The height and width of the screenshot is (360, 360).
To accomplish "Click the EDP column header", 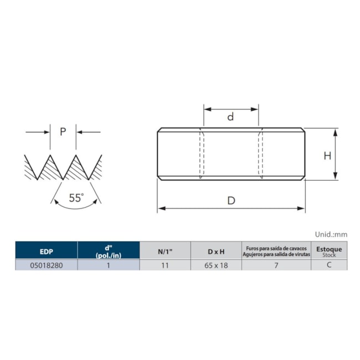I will coord(46,251).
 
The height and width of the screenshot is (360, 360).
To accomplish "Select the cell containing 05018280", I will coord(46,265).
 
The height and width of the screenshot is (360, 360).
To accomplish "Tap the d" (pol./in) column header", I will coord(109,251).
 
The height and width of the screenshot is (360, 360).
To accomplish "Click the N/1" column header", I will coord(164,251).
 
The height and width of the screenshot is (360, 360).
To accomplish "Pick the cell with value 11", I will coord(164,265).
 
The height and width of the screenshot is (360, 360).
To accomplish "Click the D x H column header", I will coord(216,251).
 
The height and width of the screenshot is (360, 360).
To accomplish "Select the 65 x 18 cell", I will coord(216,265).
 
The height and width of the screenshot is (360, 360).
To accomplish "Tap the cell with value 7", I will coord(275,265).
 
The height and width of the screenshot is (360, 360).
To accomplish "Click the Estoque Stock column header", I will coord(329,251).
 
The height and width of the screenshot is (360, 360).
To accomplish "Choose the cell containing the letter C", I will coord(329,265).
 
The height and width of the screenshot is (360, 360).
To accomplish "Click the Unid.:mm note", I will coord(332,234).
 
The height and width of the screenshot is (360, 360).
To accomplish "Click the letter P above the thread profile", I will coord(63,132).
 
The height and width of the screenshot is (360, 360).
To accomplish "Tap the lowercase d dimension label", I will coord(231,117).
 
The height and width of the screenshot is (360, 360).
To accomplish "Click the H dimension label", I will coord(327,156).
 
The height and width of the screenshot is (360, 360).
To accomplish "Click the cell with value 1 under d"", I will coord(109,265).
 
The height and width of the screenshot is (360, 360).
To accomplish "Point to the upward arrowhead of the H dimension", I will coord(336,131).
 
